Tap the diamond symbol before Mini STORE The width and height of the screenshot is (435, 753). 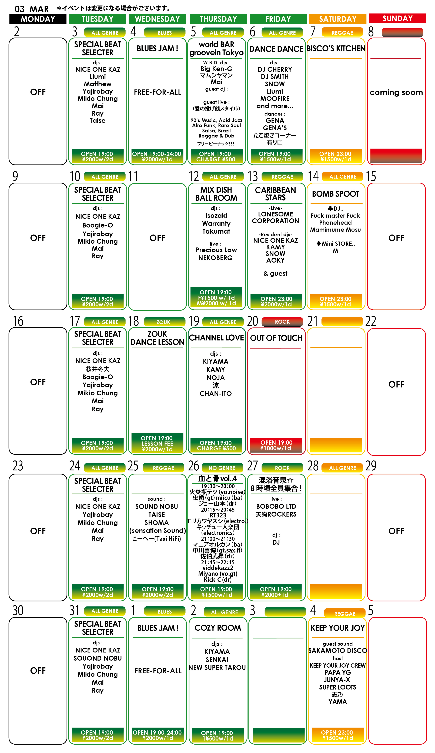click(x=319, y=243)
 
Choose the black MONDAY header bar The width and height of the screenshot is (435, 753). click(x=38, y=19)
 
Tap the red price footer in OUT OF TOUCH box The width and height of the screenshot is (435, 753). click(x=276, y=445)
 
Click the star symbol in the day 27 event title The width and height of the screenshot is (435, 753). click(x=290, y=480)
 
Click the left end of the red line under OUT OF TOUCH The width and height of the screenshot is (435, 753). click(x=250, y=348)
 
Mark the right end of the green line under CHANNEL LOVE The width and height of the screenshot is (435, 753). click(x=241, y=348)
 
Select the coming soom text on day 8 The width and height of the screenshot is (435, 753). click(x=396, y=93)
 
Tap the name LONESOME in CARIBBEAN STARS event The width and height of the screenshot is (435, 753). click(x=275, y=214)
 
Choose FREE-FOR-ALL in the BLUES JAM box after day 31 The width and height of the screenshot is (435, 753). click(x=158, y=671)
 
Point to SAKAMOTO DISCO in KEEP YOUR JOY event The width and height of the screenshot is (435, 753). click(x=338, y=651)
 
